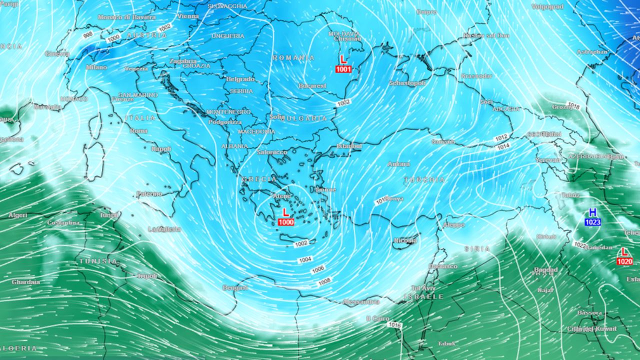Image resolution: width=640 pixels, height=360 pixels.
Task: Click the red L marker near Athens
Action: [285, 212]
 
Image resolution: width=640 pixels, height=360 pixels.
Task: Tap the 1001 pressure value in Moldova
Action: [343, 69]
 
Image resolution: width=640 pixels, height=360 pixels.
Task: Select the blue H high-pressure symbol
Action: [592, 212]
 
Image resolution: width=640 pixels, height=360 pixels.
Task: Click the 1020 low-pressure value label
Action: [624, 261]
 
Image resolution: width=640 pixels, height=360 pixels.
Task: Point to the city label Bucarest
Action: [312, 86]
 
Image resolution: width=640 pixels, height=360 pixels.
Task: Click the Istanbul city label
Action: [349, 146]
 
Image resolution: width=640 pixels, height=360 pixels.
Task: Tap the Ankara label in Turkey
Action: [398, 164]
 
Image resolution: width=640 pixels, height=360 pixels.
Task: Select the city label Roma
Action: [138, 131]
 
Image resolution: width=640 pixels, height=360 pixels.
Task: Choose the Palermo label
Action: [149, 193]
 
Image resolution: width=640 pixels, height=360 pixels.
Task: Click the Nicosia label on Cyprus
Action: [405, 240]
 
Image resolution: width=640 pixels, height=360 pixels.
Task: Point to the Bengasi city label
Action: [235, 288]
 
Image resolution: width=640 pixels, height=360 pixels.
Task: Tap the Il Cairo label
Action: [377, 318]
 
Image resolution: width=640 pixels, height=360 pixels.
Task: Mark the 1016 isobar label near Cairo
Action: [394, 325]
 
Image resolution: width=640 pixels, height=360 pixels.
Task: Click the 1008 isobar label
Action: [324, 282]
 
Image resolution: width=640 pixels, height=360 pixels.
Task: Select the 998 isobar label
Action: [88, 34]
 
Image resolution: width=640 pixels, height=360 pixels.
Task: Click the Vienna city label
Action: [187, 16]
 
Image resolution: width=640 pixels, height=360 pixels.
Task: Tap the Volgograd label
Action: [547, 7]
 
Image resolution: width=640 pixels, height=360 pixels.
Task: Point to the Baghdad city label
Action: [545, 270]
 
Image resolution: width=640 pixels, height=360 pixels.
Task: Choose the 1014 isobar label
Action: [503, 147]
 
